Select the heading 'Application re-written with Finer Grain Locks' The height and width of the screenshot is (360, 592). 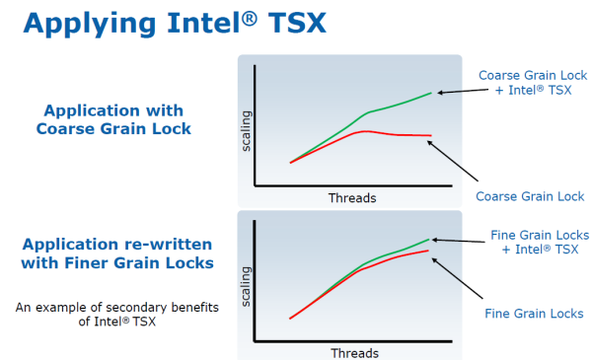(x=117, y=254)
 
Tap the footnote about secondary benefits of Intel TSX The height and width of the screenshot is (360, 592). (x=116, y=314)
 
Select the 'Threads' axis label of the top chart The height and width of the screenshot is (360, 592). (x=351, y=197)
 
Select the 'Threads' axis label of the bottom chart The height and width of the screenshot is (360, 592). (x=353, y=352)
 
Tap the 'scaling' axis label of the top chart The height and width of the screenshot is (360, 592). (x=247, y=132)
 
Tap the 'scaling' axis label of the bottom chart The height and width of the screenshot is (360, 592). (x=247, y=285)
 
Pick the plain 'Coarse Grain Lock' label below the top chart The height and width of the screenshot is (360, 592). (x=530, y=196)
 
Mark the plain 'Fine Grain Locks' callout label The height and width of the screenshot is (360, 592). (x=534, y=313)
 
